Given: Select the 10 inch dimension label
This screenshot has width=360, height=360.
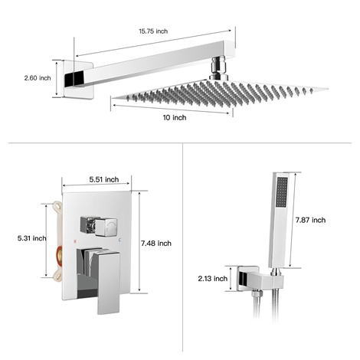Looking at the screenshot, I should click(174, 117).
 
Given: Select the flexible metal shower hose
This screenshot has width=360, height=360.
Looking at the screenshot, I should click(264, 322).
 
